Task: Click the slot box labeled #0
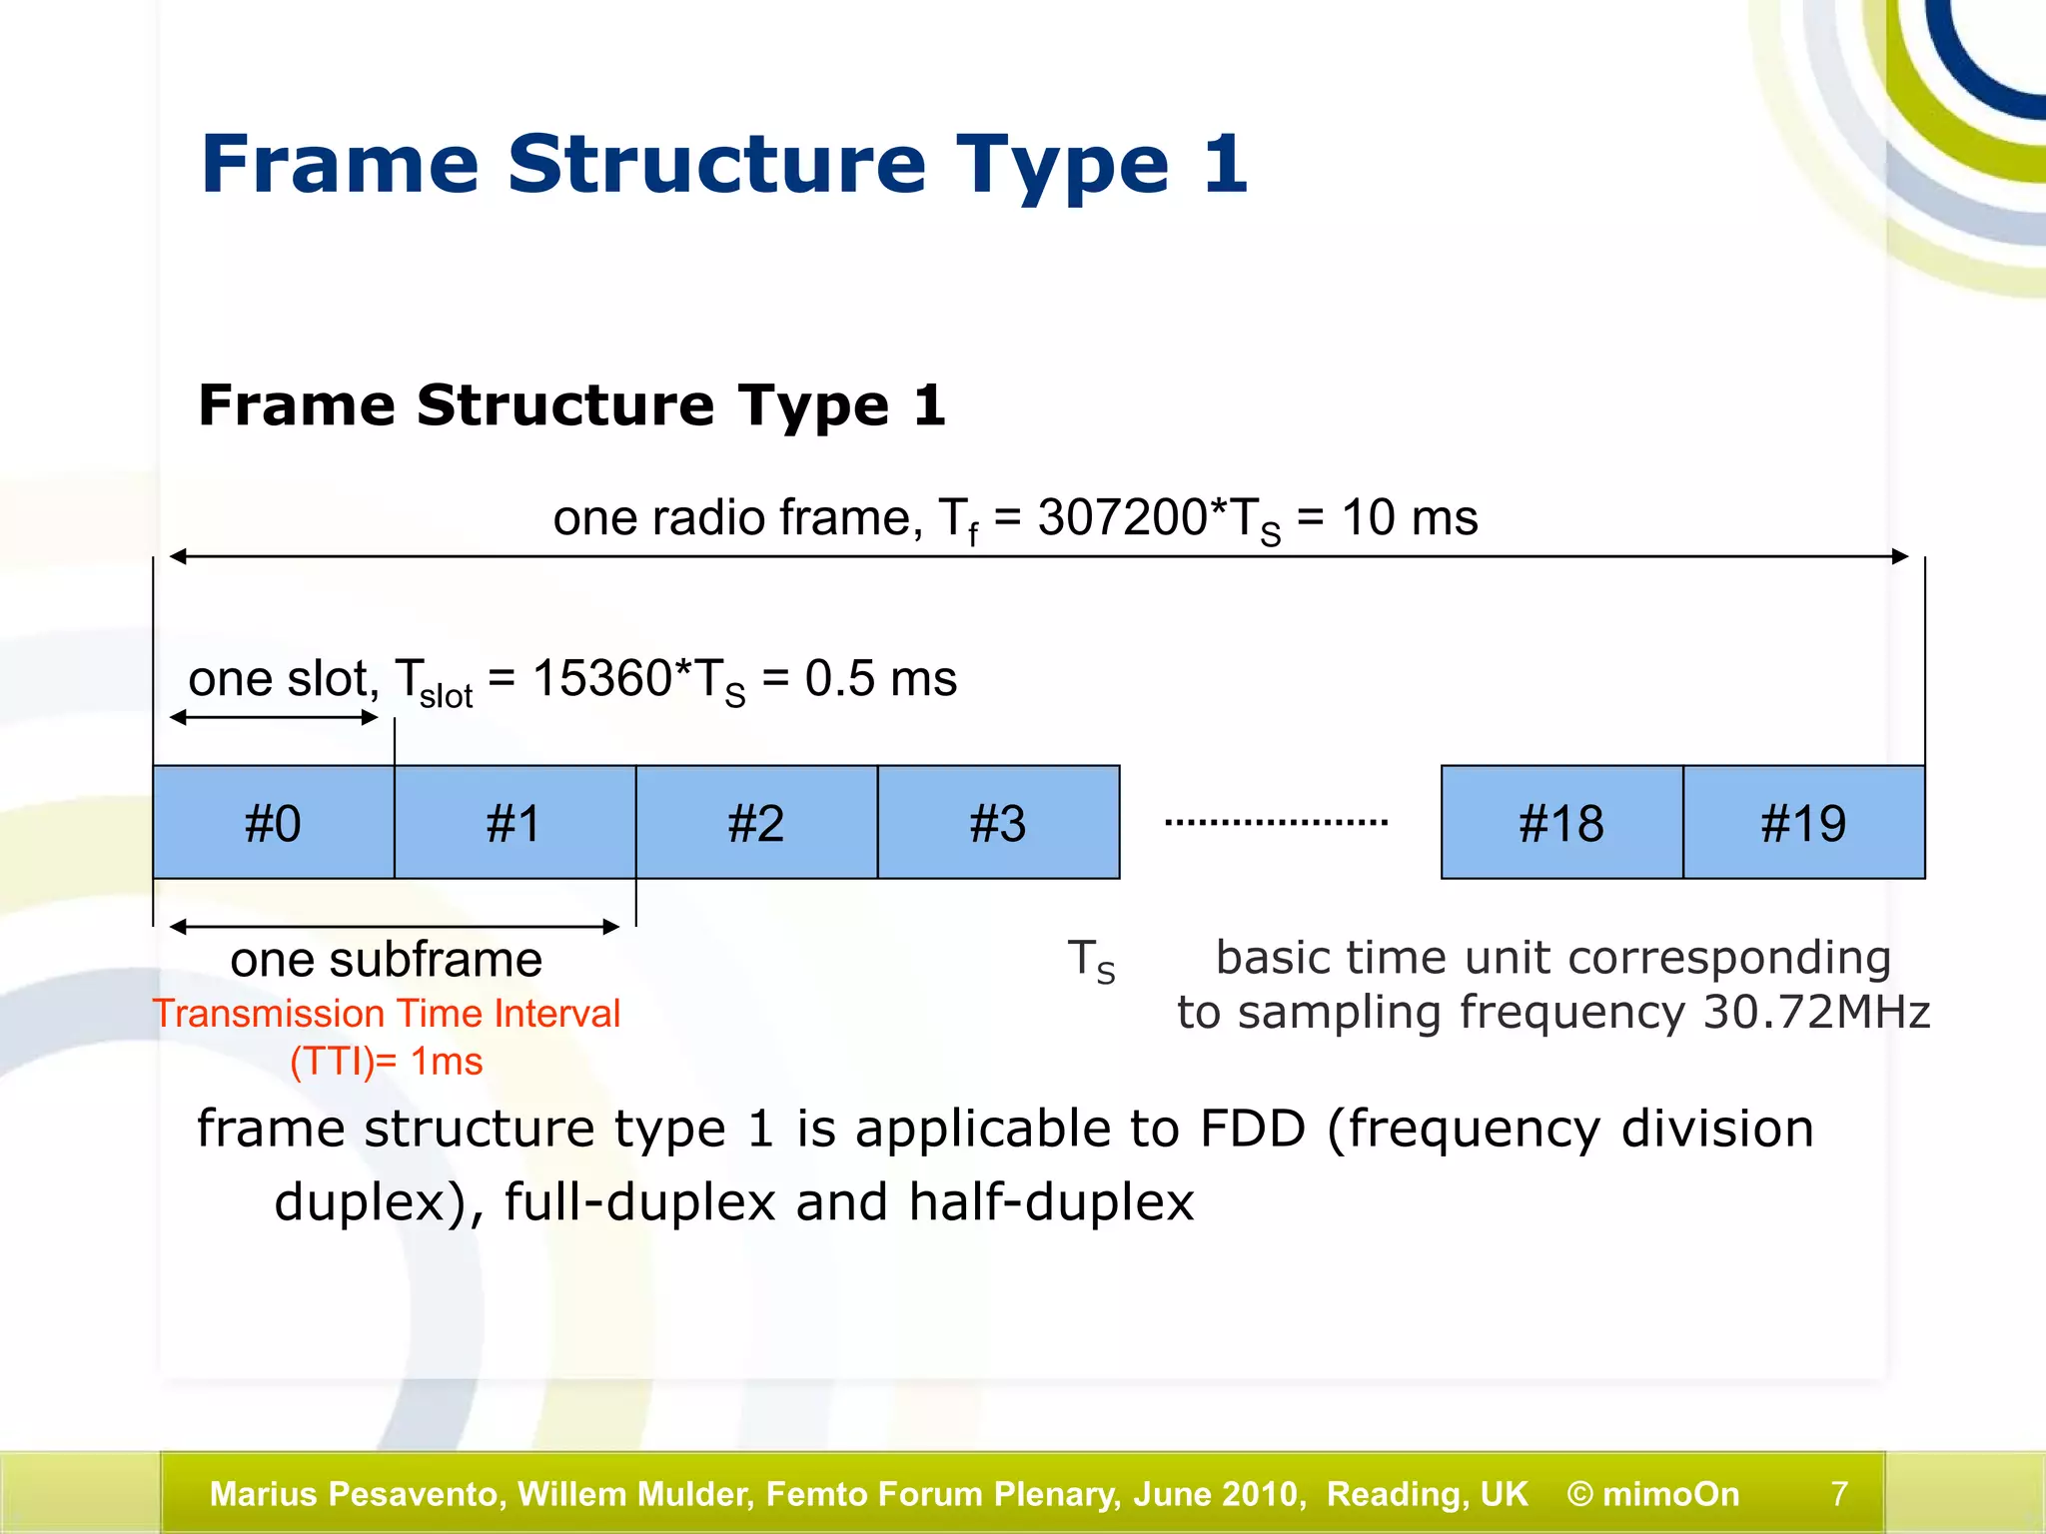(274, 823)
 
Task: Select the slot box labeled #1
(515, 823)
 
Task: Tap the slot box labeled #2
(756, 823)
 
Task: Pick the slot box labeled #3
(998, 823)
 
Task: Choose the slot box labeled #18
(1561, 823)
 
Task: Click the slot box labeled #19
(1803, 823)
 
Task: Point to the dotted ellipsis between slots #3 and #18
(1276, 822)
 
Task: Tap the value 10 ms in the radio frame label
(1409, 517)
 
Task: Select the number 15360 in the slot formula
(601, 679)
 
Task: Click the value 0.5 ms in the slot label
(880, 679)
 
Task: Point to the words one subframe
(386, 960)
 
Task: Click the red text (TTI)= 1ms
(386, 1061)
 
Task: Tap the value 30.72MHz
(1816, 1013)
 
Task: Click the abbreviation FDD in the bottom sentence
(1253, 1129)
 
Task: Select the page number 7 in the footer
(1839, 1494)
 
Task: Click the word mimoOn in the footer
(1670, 1494)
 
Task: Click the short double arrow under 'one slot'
(274, 717)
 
